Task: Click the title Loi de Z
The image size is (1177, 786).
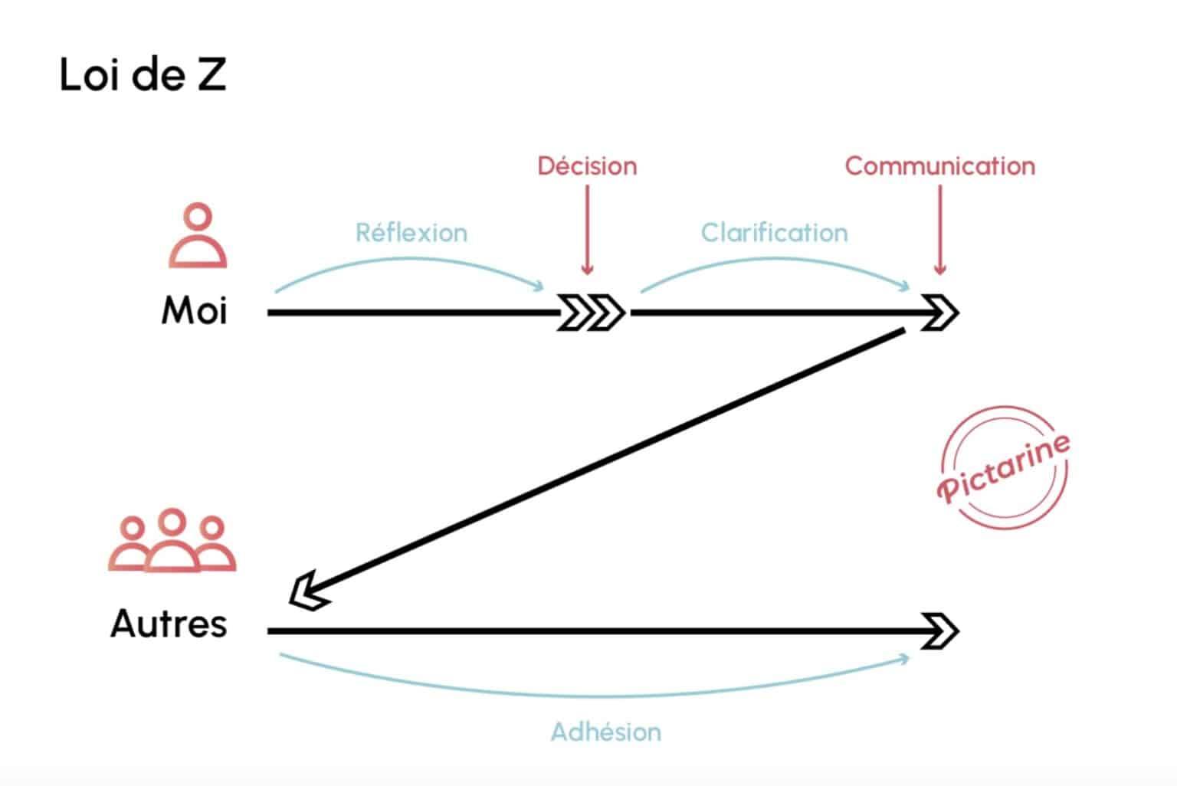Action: tap(143, 75)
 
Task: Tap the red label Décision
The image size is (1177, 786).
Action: tap(587, 166)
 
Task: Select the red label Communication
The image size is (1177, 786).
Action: tap(939, 166)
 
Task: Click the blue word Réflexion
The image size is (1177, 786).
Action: tap(411, 233)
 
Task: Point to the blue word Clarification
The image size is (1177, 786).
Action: tap(774, 233)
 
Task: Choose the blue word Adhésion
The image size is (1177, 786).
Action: tap(605, 732)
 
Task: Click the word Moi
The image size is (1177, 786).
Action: tap(195, 311)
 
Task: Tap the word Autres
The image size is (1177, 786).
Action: tap(169, 624)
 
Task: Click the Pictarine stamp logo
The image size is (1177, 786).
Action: tap(1004, 467)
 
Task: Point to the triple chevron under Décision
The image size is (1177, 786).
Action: tap(592, 313)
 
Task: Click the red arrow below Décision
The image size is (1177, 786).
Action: tap(587, 230)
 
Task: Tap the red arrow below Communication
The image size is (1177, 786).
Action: tap(940, 230)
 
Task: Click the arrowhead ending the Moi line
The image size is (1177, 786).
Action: tap(939, 313)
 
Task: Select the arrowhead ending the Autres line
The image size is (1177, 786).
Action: tap(939, 631)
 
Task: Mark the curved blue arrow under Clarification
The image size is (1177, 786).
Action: tap(774, 265)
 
